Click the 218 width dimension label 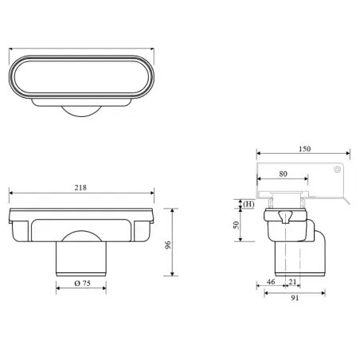point(80,188)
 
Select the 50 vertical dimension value point(236,225)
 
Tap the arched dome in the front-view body point(81,233)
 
